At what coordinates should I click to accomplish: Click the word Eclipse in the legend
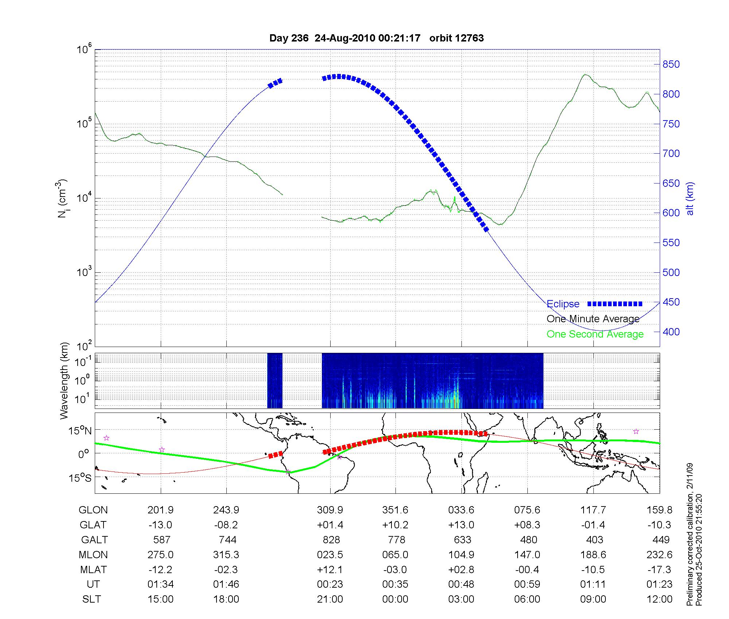point(563,304)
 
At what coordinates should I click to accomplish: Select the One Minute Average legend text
point(593,319)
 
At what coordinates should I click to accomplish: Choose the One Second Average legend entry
point(595,334)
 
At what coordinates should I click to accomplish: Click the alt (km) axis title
point(690,198)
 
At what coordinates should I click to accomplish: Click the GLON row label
point(93,510)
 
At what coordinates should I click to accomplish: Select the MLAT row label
point(93,569)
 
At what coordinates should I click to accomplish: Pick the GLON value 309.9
point(330,510)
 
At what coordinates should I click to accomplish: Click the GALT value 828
point(331,540)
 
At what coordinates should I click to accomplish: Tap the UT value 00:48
point(461,584)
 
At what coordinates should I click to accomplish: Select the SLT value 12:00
point(659,599)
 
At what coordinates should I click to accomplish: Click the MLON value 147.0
point(527,555)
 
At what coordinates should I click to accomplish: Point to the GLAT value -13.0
point(160,525)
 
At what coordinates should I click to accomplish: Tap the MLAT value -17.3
point(659,569)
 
